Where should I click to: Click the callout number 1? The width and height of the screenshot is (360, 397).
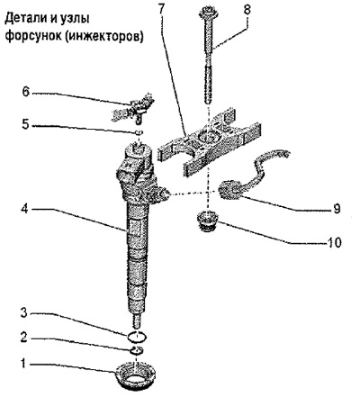pyautogui.click(x=24, y=364)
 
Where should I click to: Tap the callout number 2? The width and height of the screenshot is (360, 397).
pyautogui.click(x=24, y=338)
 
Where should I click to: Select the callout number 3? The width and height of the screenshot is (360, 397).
pyautogui.click(x=24, y=313)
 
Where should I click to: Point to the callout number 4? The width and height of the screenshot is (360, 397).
pyautogui.click(x=24, y=209)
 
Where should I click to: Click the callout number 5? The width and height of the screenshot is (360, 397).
pyautogui.click(x=25, y=125)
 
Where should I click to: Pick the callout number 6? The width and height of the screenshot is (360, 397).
pyautogui.click(x=25, y=92)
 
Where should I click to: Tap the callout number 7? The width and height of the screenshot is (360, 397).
pyautogui.click(x=161, y=10)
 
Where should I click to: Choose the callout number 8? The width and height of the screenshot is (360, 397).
pyautogui.click(x=247, y=10)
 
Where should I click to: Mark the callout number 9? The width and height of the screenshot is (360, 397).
pyautogui.click(x=337, y=208)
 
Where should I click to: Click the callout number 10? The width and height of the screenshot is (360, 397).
pyautogui.click(x=333, y=242)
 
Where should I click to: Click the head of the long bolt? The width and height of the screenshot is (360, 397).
pyautogui.click(x=209, y=14)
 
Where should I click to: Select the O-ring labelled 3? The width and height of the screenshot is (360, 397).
pyautogui.click(x=137, y=337)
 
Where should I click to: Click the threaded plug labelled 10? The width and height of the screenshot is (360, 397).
pyautogui.click(x=208, y=221)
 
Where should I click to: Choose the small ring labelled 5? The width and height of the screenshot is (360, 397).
pyautogui.click(x=139, y=132)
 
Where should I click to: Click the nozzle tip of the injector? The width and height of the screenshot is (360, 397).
pyautogui.click(x=137, y=320)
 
